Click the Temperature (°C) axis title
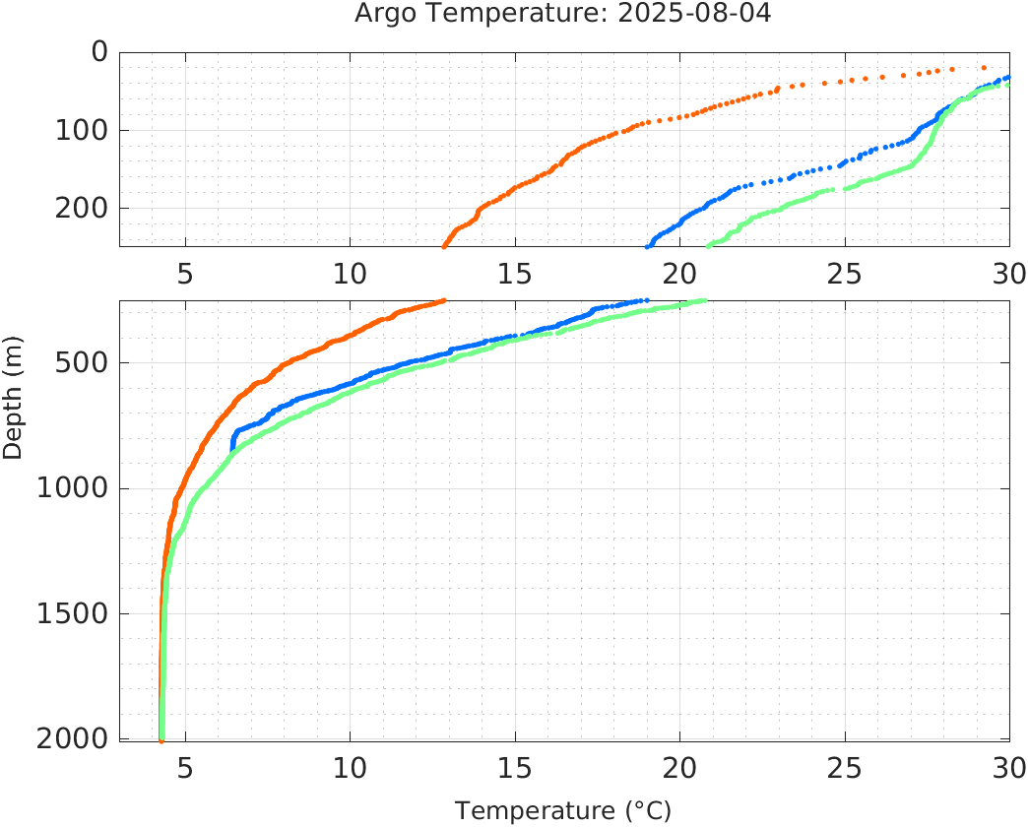point(563,811)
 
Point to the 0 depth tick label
point(98,51)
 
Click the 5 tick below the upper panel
point(185,273)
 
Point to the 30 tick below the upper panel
point(1008,273)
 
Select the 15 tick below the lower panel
point(515,766)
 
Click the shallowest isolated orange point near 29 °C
point(984,67)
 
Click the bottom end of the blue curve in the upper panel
point(647,246)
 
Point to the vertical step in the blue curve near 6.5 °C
point(232,441)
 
